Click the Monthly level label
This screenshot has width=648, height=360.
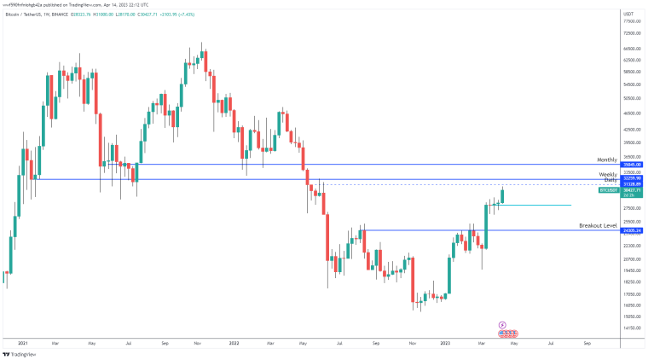606,160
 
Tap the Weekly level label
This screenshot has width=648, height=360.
609,174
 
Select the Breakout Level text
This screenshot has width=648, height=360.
598,225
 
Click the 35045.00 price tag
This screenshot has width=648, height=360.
632,165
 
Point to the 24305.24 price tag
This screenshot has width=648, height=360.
632,230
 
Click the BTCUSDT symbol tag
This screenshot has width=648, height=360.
609,191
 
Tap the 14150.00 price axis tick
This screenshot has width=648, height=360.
631,328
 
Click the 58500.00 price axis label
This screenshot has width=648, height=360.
631,72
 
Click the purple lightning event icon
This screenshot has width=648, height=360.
502,324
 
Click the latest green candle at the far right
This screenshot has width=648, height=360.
503,195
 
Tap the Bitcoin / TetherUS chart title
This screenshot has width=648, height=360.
23,15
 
